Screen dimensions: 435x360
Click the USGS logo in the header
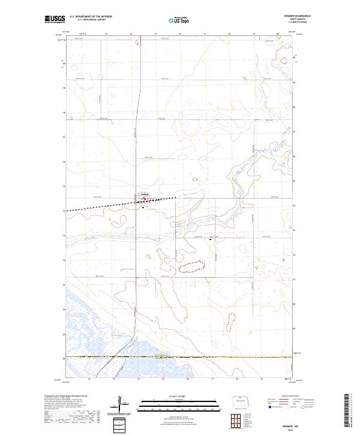point(56,19)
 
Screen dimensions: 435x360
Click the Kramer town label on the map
point(145,194)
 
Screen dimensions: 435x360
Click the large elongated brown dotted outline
point(192,266)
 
